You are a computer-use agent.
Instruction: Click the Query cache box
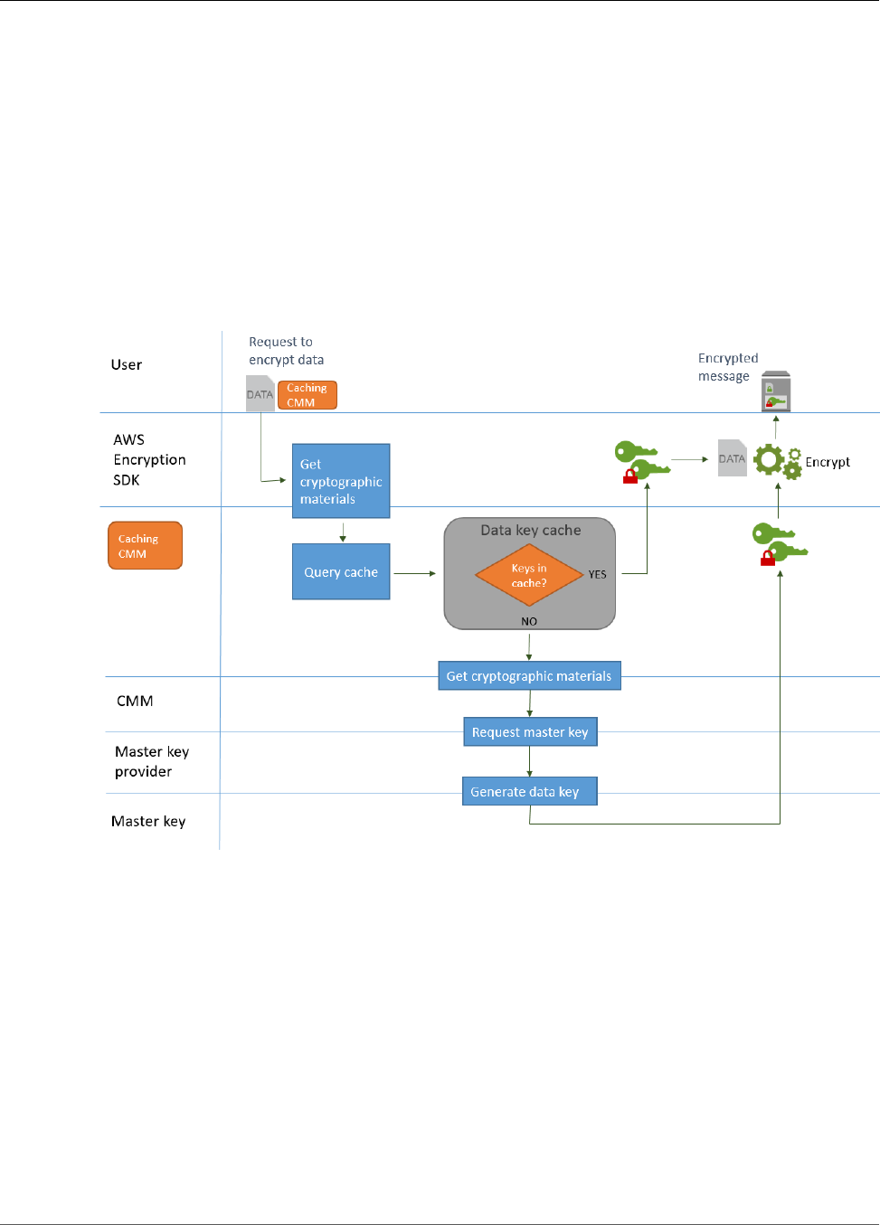coord(341,571)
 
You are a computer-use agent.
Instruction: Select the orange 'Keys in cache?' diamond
coord(529,575)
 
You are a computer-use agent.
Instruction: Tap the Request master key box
coord(530,731)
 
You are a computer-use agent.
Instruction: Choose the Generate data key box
coord(529,791)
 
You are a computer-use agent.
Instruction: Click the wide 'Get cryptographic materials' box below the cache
coord(529,675)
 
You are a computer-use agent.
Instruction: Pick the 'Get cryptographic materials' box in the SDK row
coord(341,481)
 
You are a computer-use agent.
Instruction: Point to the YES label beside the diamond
coord(597,574)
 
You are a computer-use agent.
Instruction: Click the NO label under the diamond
coord(529,621)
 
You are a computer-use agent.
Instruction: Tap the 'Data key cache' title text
coord(531,530)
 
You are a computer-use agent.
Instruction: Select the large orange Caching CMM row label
coord(145,545)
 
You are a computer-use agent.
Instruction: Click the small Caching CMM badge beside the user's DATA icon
coord(307,395)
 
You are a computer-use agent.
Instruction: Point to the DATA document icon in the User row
coord(260,393)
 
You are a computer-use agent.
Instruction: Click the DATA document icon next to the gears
coord(732,457)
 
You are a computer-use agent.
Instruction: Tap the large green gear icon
coord(769,459)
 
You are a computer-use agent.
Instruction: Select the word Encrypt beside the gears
coord(828,462)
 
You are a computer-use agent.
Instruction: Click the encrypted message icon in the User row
coord(775,391)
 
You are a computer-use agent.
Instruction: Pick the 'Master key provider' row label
coord(152,761)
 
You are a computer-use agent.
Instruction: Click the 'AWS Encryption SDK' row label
coord(149,459)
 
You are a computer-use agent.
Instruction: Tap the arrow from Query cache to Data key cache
coord(414,573)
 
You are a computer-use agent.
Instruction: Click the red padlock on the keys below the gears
coord(767,558)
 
